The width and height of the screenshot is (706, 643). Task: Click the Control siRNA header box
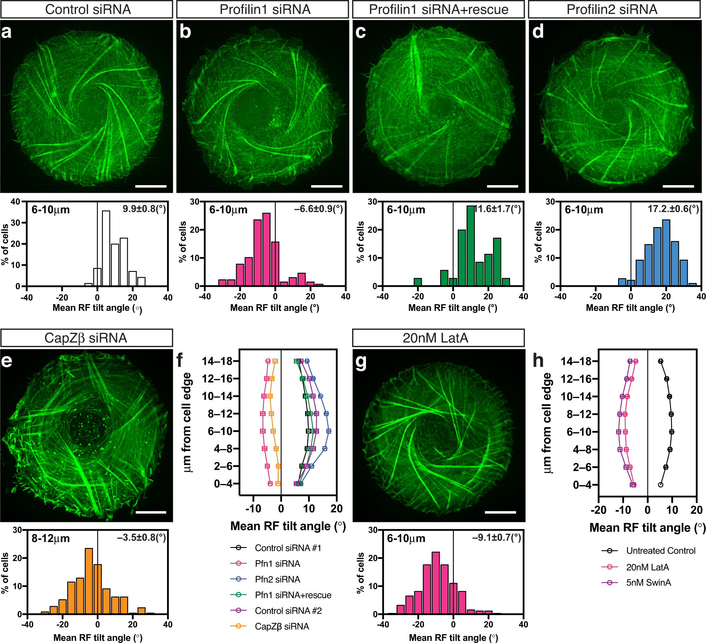pos(87,9)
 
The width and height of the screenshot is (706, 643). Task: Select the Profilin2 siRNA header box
pos(614,9)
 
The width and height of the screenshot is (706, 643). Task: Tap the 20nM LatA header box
pos(438,338)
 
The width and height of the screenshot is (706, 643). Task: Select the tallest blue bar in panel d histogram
pos(666,252)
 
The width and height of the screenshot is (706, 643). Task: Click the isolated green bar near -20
pos(418,282)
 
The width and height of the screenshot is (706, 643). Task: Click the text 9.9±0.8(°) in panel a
pos(144,209)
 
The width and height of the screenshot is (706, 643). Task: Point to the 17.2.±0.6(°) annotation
pos(673,209)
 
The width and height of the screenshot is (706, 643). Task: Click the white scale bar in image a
pos(151,186)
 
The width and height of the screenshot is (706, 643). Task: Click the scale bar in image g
pos(500,512)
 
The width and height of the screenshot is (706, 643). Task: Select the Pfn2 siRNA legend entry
pos(277,579)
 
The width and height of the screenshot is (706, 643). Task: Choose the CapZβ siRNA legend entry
pos(281,626)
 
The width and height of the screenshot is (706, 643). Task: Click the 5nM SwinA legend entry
pos(648,583)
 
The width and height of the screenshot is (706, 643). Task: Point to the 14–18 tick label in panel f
pos(217,361)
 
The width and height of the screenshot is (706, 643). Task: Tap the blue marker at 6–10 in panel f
pos(329,431)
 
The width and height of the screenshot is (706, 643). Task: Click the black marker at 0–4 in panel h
pos(660,485)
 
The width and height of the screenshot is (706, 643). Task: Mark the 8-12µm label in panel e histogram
pos(51,539)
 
